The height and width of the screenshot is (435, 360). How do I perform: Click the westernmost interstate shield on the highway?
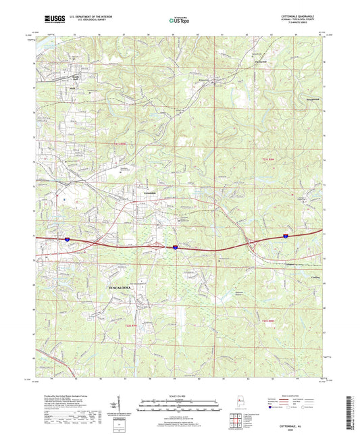coord(68,238)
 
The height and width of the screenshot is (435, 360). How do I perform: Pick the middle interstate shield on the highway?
coord(174,248)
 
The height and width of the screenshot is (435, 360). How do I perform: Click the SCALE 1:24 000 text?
coord(180,396)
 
